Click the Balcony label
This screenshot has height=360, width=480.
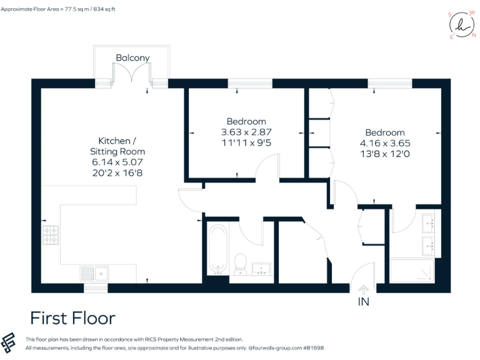coord(132,57)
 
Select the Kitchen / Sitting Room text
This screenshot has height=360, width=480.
coord(122,146)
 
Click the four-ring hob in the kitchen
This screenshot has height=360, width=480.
coord(51,235)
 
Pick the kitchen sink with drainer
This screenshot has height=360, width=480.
coord(94,272)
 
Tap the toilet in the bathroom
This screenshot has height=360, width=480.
coord(239,264)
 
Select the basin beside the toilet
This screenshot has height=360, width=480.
coord(261,269)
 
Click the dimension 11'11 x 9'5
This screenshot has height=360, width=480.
coord(246,142)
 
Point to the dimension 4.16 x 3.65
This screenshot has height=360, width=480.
coord(385,143)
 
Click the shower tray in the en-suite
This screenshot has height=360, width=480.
coord(412,269)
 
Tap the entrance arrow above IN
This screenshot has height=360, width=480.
coord(363,289)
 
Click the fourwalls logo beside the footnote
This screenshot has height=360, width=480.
coord(10,342)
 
